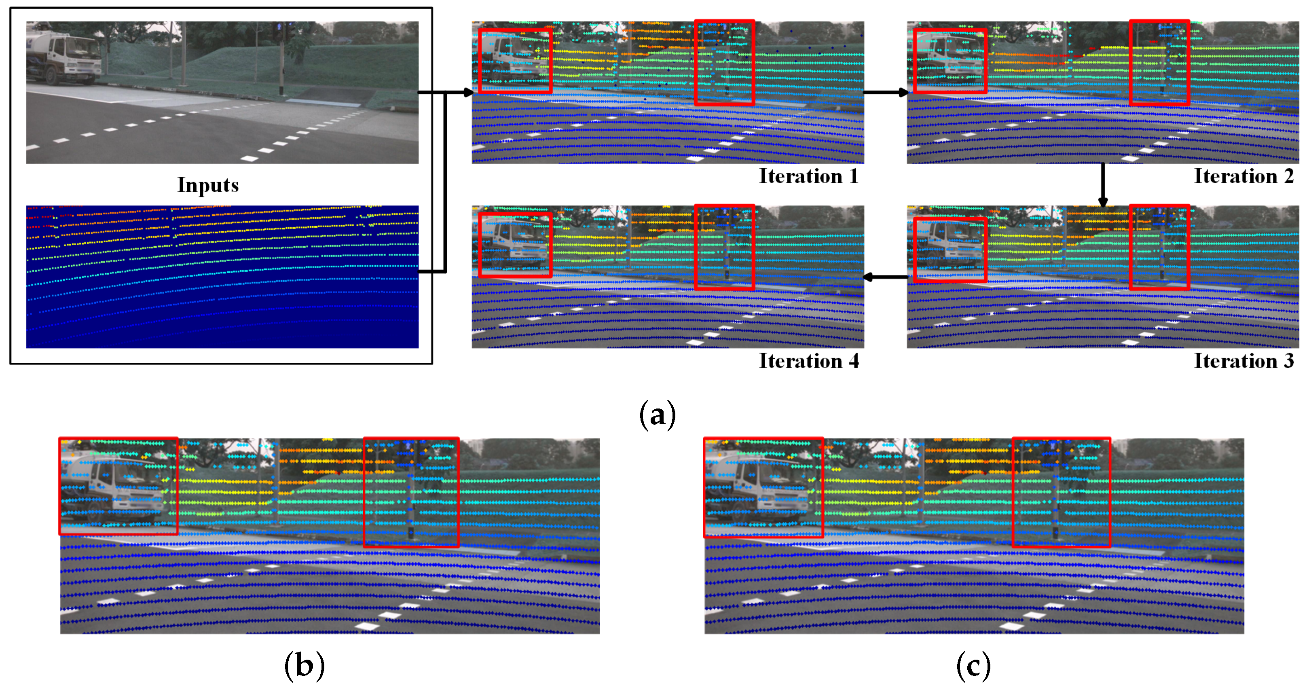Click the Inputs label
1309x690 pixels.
pyautogui.click(x=208, y=185)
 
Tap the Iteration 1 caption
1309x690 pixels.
pyautogui.click(x=808, y=176)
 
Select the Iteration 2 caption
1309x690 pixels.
pyautogui.click(x=1243, y=176)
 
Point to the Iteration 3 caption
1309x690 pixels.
pyautogui.click(x=1243, y=361)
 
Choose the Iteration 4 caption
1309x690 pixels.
pyautogui.click(x=808, y=361)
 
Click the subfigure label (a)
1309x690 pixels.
pyautogui.click(x=657, y=414)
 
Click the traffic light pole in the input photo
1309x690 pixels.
pyautogui.click(x=281, y=61)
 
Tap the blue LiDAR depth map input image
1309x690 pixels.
pyautogui.click(x=222, y=277)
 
